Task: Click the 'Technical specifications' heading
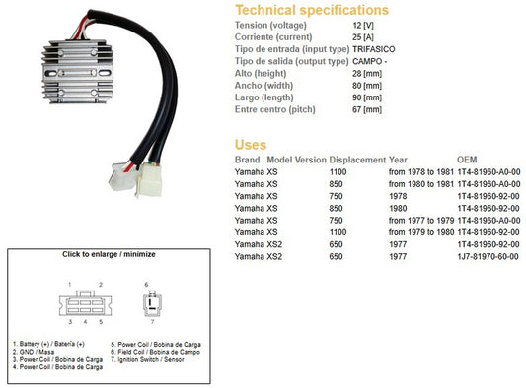click(x=312, y=10)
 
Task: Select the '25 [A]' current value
click(x=363, y=37)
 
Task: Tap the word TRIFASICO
click(x=374, y=49)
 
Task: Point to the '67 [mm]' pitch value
click(x=367, y=109)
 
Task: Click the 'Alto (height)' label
click(x=261, y=73)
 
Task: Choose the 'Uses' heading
click(x=251, y=145)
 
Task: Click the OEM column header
click(x=467, y=160)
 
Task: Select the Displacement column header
click(x=357, y=160)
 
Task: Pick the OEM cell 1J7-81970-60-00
click(x=488, y=256)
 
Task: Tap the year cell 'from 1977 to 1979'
click(x=421, y=221)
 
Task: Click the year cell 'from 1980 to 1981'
click(x=421, y=184)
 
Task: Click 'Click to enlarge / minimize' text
click(x=109, y=254)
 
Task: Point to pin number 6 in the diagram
click(x=146, y=285)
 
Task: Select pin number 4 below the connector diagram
click(x=85, y=322)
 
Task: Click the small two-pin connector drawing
click(x=152, y=303)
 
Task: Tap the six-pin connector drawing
click(x=85, y=303)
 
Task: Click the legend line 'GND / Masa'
click(x=34, y=352)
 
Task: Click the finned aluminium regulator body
click(x=78, y=72)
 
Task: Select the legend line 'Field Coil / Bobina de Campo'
click(x=155, y=352)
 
